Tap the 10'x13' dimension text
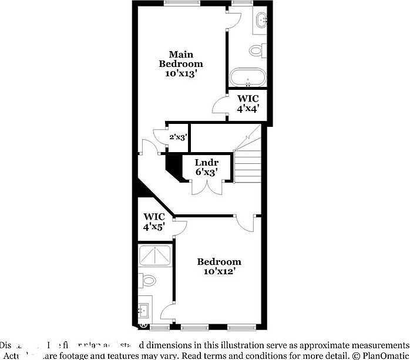[x=181, y=74]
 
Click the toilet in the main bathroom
[x=257, y=51]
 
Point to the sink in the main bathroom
[x=262, y=21]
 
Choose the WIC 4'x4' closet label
[x=247, y=104]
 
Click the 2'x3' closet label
[x=178, y=137]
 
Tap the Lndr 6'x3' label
[x=207, y=167]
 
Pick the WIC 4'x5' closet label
[x=154, y=221]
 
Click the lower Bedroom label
[x=219, y=261]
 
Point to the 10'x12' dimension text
[x=219, y=271]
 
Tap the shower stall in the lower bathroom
[x=155, y=257]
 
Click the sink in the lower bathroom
[x=144, y=309]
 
